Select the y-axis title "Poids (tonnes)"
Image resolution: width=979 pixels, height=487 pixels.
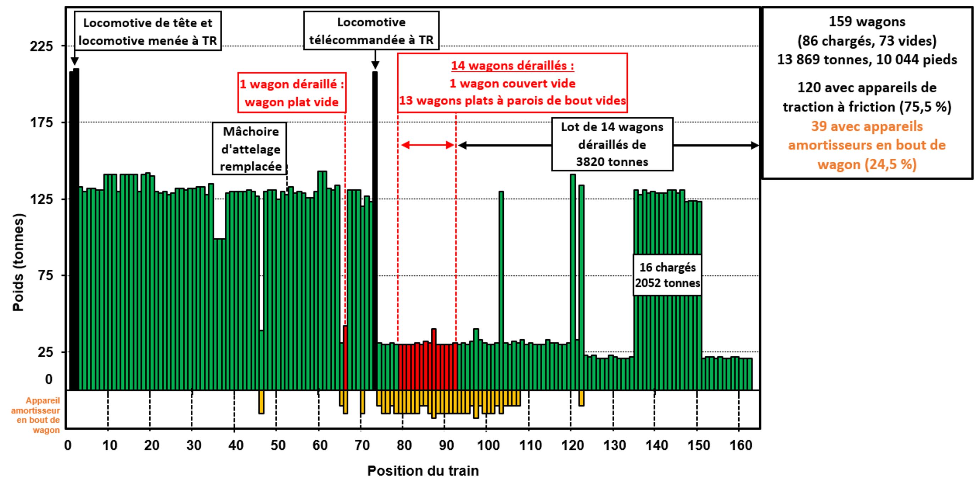tap(18, 263)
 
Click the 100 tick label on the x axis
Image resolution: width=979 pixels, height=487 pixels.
tap(488, 445)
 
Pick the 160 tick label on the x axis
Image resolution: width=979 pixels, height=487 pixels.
tap(741, 445)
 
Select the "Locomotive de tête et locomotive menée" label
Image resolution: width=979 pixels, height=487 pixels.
tap(147, 32)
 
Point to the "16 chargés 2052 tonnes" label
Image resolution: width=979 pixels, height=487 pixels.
tap(667, 275)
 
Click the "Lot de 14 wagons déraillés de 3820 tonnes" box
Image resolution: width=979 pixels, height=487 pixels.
tap(612, 144)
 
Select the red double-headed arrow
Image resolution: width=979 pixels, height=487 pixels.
tap(427, 145)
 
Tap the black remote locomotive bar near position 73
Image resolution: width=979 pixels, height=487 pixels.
tap(375, 228)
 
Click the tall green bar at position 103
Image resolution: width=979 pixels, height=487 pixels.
tap(501, 289)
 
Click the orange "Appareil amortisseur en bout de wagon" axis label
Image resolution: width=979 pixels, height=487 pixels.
tap(37, 415)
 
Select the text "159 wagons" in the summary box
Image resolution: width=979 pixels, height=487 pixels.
tap(867, 22)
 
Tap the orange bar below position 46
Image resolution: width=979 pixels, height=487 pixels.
tap(261, 402)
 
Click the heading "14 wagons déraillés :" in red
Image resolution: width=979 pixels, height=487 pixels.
tap(512, 66)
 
